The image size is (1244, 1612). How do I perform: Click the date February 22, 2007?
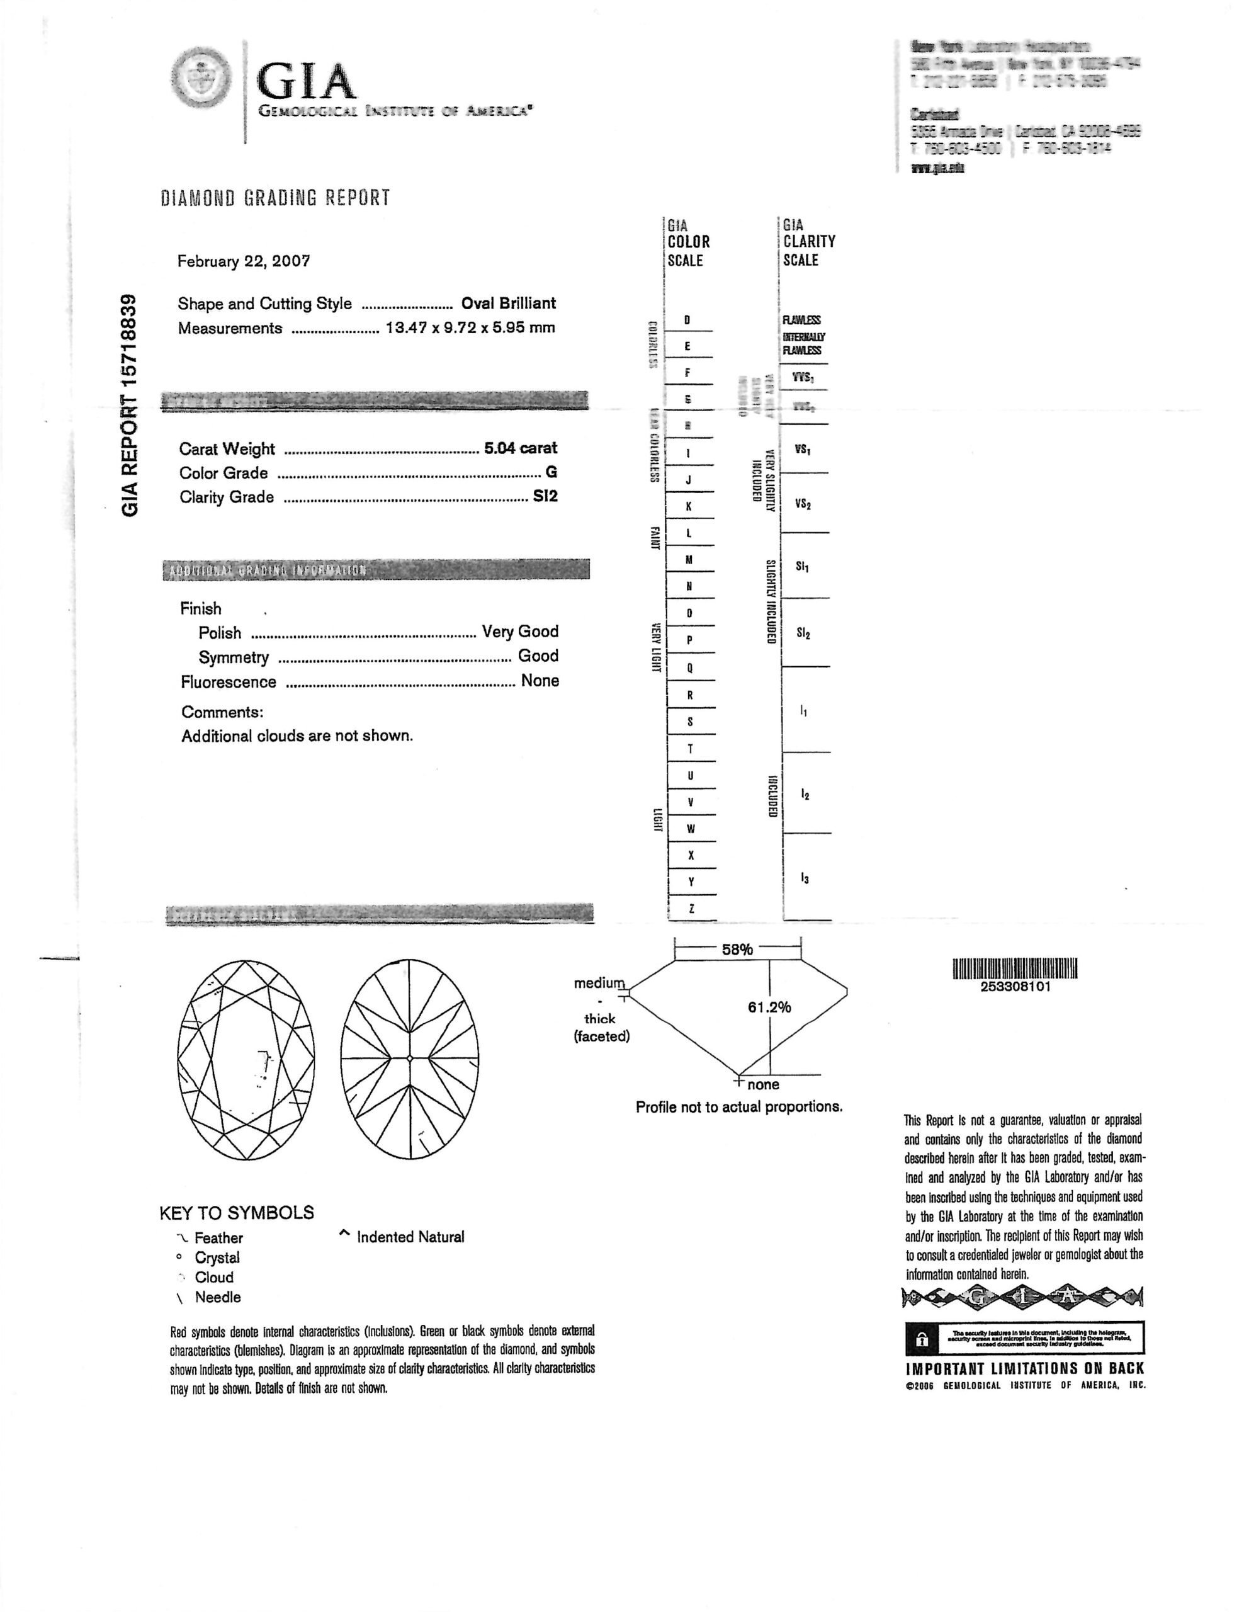point(244,261)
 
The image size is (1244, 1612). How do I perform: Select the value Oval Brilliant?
point(509,304)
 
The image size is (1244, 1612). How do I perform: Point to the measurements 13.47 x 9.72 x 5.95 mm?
point(470,327)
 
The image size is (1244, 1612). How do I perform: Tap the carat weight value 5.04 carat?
point(520,448)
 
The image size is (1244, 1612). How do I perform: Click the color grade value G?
point(551,472)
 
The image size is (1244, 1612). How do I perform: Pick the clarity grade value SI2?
point(545,497)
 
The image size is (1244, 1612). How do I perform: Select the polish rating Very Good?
point(520,632)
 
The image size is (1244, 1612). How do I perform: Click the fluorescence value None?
point(540,681)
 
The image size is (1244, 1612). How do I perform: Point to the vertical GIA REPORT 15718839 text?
point(130,406)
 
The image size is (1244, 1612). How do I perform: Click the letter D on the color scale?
point(687,320)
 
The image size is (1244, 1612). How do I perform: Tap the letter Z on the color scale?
point(691,909)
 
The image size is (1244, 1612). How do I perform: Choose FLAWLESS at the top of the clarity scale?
point(802,320)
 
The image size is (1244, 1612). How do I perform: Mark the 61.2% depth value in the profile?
point(769,1007)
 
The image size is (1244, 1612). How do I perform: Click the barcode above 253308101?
point(1015,968)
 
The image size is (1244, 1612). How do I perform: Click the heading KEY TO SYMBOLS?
point(237,1213)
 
